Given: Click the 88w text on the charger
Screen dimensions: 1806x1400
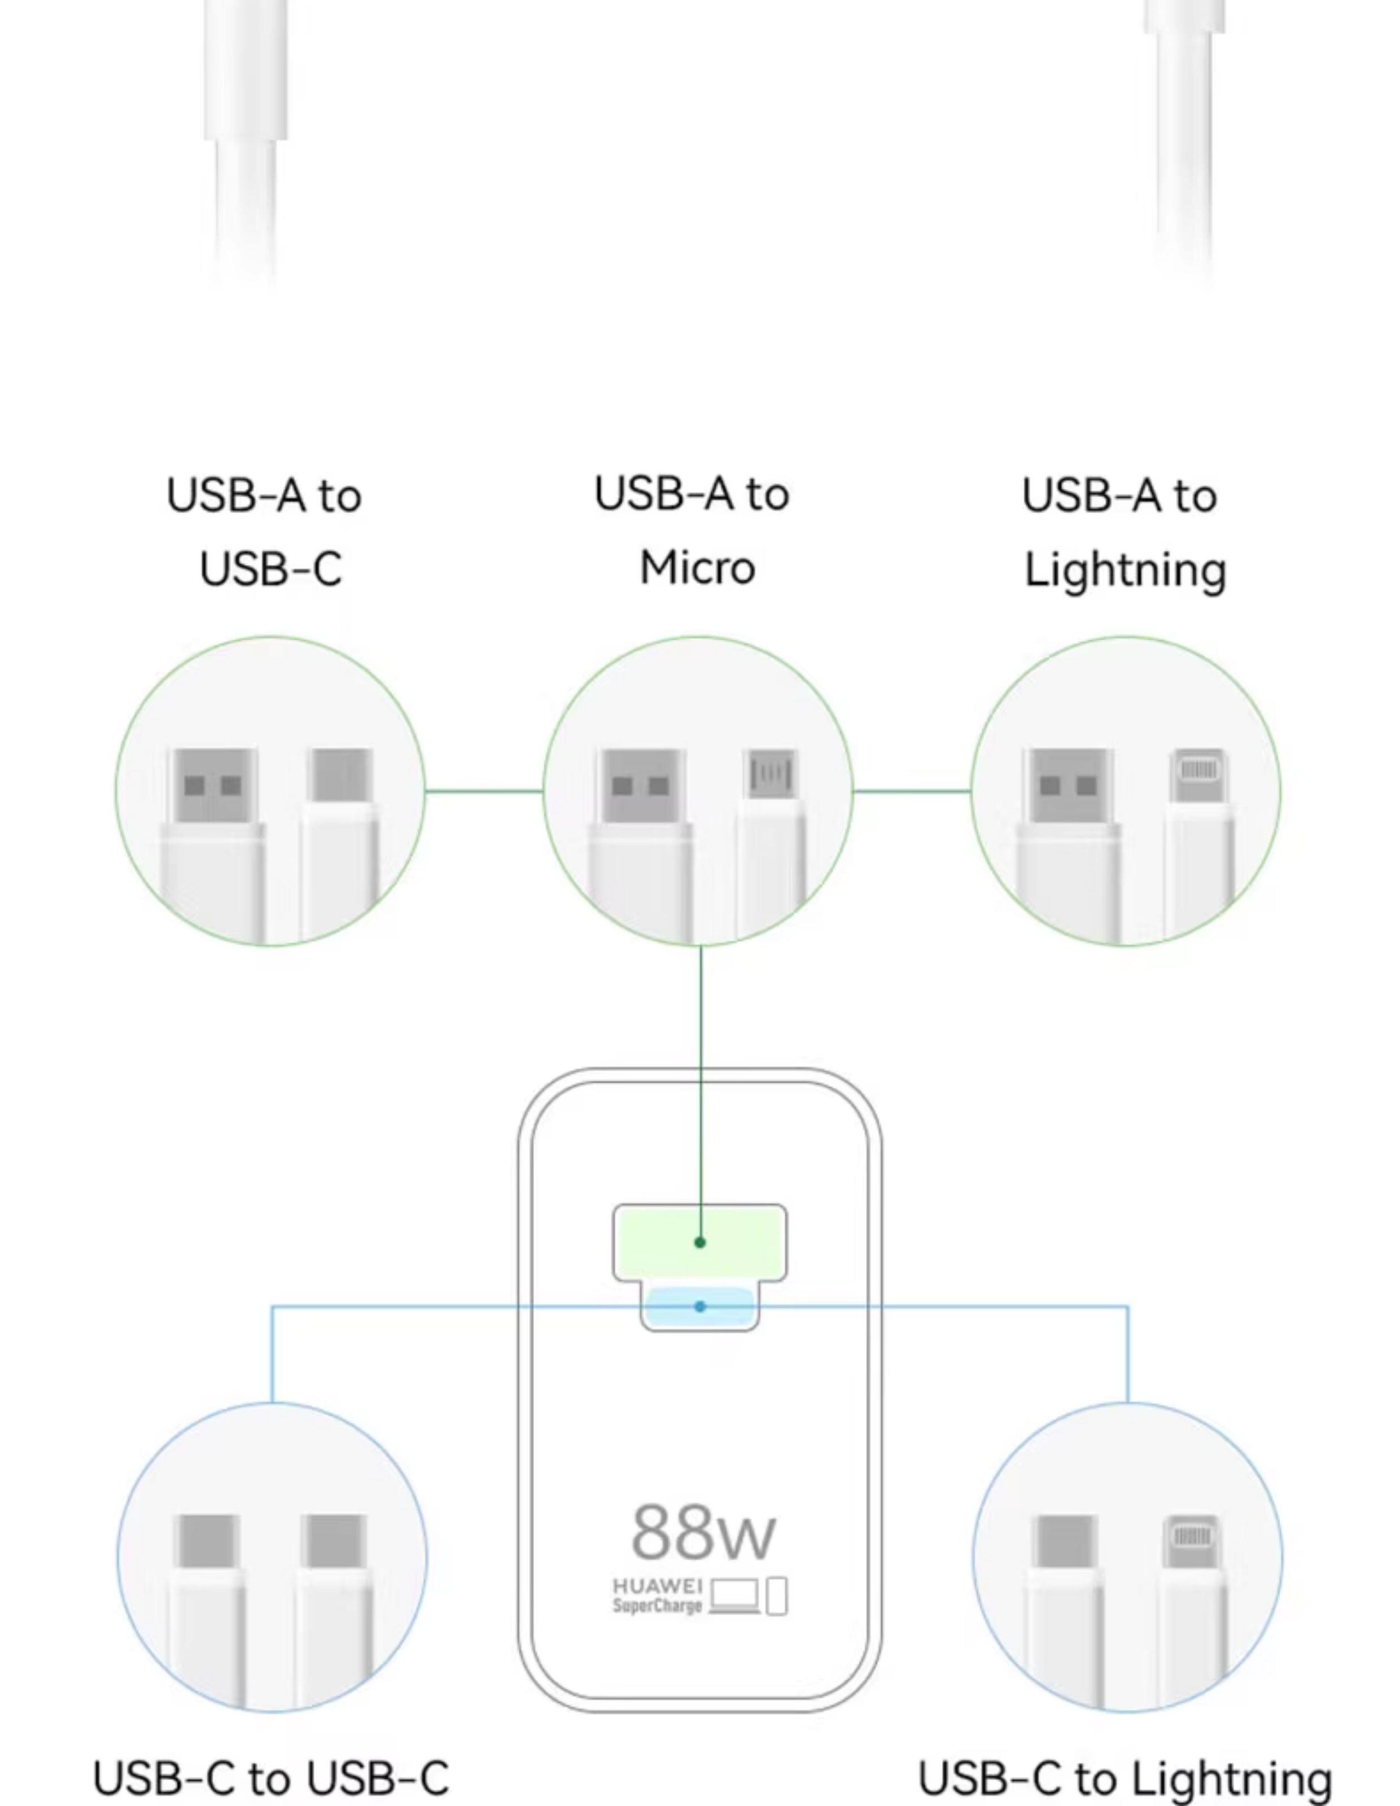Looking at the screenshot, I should (702, 1531).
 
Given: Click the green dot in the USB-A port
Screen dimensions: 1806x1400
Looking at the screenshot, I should (701, 1242).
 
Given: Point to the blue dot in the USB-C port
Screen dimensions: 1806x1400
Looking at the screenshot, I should (701, 1307).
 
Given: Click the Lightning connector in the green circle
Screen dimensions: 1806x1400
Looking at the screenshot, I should (1198, 775).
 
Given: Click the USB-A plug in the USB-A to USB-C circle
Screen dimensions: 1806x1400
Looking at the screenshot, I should (212, 786).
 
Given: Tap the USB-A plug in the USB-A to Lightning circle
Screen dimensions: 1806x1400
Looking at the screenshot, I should (1067, 786).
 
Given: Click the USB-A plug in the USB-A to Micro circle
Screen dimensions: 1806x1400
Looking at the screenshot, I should (642, 786).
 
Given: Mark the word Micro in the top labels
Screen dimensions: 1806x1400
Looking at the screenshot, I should (697, 568).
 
